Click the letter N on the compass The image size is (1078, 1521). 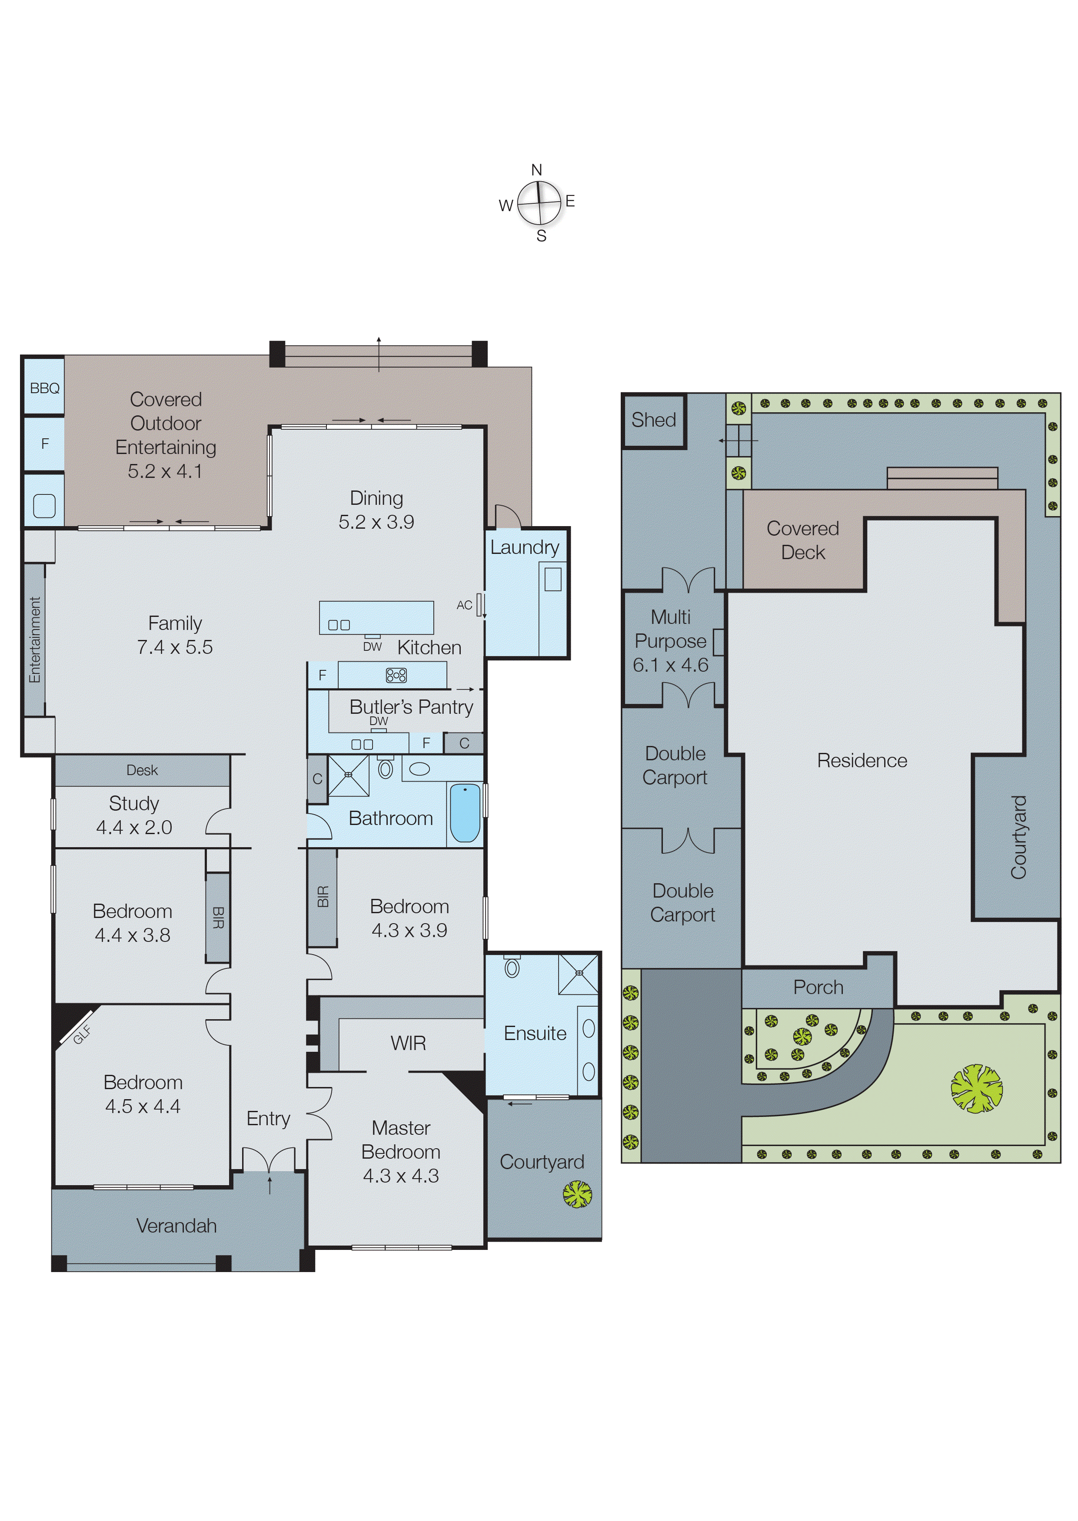(x=536, y=170)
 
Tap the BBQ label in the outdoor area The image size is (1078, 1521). (x=44, y=388)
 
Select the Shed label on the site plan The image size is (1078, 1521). (x=653, y=420)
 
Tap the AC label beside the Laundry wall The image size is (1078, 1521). (x=464, y=605)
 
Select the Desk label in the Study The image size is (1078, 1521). (x=142, y=770)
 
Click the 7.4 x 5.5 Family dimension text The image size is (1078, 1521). (x=175, y=647)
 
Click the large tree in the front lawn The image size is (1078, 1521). (x=976, y=1088)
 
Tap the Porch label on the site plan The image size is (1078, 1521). (x=818, y=987)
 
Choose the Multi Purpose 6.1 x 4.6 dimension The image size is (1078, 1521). (x=670, y=665)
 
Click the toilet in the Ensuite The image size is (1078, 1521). (x=512, y=967)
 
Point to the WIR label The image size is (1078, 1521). (x=408, y=1044)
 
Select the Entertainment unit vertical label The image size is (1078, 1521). (x=34, y=640)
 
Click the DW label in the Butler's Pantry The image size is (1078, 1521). (x=378, y=721)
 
